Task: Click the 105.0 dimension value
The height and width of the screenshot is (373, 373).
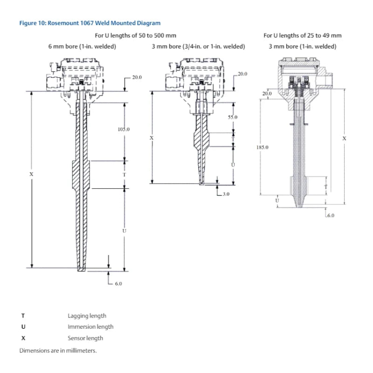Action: [124, 129]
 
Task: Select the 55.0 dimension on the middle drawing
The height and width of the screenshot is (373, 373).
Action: [233, 117]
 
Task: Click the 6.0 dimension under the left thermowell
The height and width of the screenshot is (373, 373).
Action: [118, 283]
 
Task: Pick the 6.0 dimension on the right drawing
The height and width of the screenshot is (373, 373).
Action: [330, 215]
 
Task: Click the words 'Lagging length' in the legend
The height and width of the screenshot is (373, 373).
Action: [87, 316]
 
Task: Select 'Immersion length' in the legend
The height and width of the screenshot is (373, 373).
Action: [90, 327]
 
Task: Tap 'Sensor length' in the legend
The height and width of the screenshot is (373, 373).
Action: [85, 338]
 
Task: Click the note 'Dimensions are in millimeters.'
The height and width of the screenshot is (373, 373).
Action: [58, 350]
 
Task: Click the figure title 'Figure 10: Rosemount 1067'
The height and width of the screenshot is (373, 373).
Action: [90, 23]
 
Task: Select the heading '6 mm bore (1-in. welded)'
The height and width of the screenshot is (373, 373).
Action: [82, 46]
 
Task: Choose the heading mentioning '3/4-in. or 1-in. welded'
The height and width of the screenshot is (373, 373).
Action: [198, 46]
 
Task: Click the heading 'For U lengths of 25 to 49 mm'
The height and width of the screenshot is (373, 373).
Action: [302, 35]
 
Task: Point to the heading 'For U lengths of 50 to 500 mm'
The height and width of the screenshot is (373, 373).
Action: [135, 35]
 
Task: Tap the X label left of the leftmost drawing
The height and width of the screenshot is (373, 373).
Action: [31, 174]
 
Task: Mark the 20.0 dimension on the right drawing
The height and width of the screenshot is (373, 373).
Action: [266, 94]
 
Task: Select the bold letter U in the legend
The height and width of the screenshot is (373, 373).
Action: [23, 327]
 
